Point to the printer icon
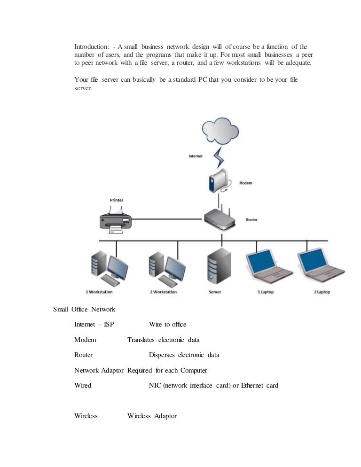pos(116,218)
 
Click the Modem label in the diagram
pos(246,183)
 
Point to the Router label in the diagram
pos(251,220)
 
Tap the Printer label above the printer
pos(116,200)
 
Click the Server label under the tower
pos(215,292)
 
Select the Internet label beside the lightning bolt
pos(195,156)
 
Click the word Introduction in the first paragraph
pos(92,47)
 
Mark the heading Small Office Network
pos(84,309)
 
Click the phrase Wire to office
pos(167,325)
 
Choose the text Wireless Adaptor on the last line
pos(152,416)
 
